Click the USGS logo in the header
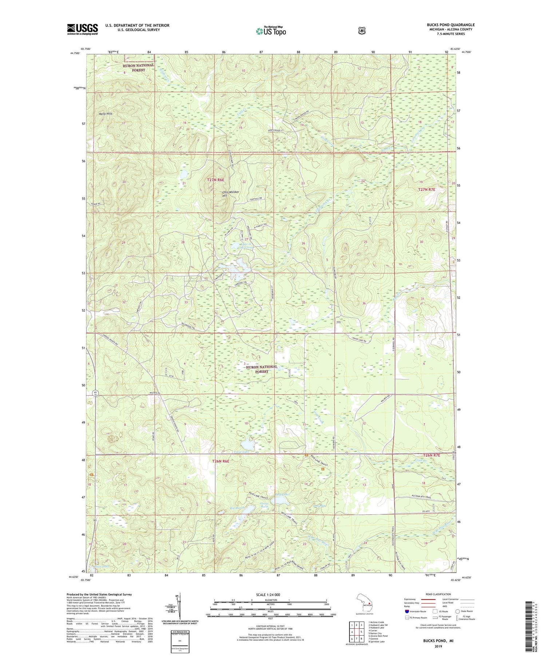pos(82,29)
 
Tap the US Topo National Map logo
pos(271,31)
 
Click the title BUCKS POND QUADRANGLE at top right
pos(451,25)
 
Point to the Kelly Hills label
pos(106,114)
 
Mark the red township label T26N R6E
pos(221,461)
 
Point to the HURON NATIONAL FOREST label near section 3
pos(262,369)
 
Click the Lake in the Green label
pos(245,246)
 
